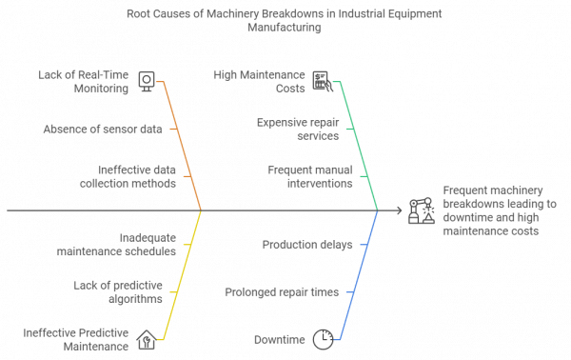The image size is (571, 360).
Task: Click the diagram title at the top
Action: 285,22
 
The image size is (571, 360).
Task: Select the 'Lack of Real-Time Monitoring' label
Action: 84,81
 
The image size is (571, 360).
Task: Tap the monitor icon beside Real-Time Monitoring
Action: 146,81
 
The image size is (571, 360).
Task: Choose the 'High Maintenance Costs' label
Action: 260,81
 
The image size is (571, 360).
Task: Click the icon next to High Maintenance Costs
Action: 322,81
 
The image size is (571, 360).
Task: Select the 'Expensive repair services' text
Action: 298,128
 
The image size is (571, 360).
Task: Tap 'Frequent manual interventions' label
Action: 310,177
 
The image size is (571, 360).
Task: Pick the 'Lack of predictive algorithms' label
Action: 118,290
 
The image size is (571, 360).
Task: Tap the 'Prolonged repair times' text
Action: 282,290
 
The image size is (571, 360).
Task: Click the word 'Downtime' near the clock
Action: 279,339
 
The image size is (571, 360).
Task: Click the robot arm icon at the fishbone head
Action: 418,210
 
